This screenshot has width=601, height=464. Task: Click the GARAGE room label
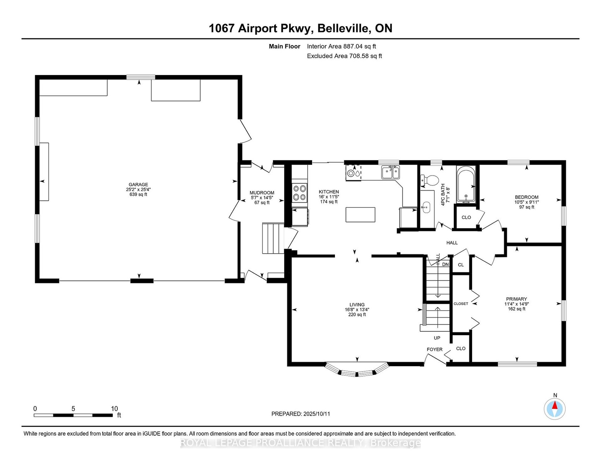coord(138,184)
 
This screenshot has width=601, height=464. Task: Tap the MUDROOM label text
coord(262,193)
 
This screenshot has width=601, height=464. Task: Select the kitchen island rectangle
coord(361,215)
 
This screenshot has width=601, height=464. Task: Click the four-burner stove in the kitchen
coord(300,193)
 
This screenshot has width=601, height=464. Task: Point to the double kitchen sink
coord(390,172)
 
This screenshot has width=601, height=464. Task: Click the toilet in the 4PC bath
coord(429,180)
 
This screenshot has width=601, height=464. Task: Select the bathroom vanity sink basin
coord(426,206)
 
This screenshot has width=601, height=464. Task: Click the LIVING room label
coord(357,305)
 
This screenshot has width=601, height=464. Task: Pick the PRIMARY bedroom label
coord(516,299)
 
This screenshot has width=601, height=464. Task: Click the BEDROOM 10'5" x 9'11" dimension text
coord(527,202)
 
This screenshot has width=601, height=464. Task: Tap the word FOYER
coord(434,350)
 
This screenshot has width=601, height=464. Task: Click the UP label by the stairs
coord(437,338)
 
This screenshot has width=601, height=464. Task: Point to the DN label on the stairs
coord(445,264)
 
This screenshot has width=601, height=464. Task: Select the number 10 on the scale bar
coord(115,409)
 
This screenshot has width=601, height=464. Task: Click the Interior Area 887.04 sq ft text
coord(341,46)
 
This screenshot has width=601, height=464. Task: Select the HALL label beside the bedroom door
coord(452,242)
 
